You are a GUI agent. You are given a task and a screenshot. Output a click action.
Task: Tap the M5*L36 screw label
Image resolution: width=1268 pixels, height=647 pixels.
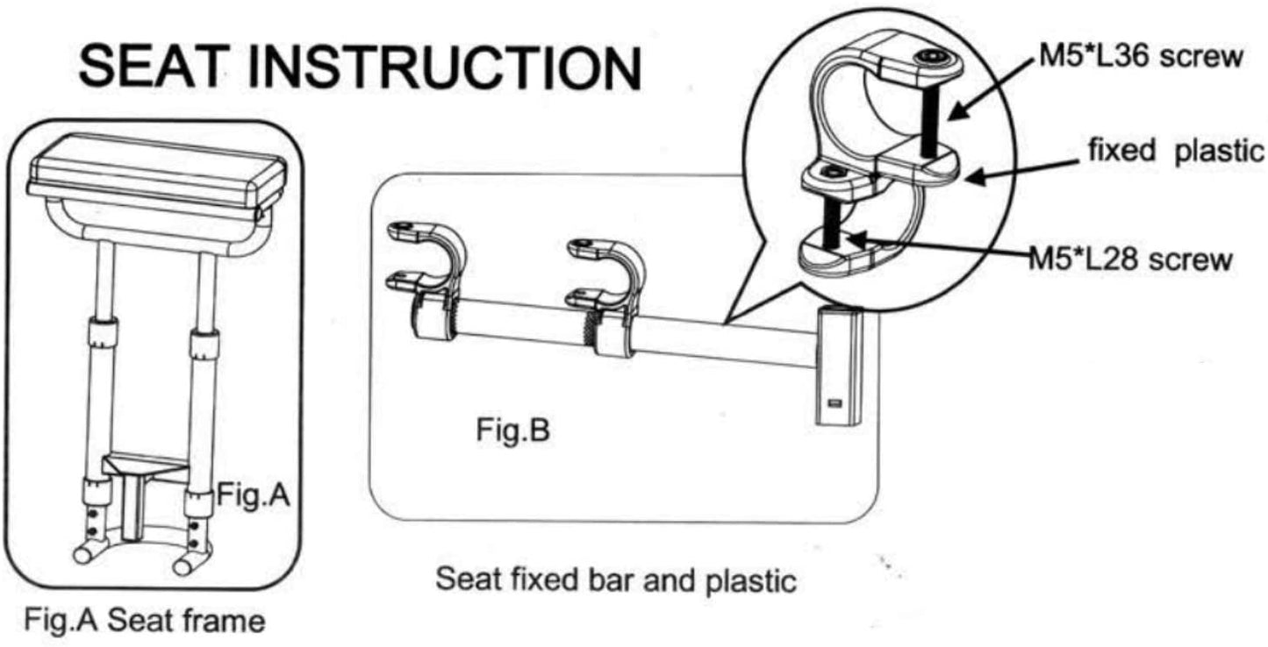tap(1137, 58)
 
